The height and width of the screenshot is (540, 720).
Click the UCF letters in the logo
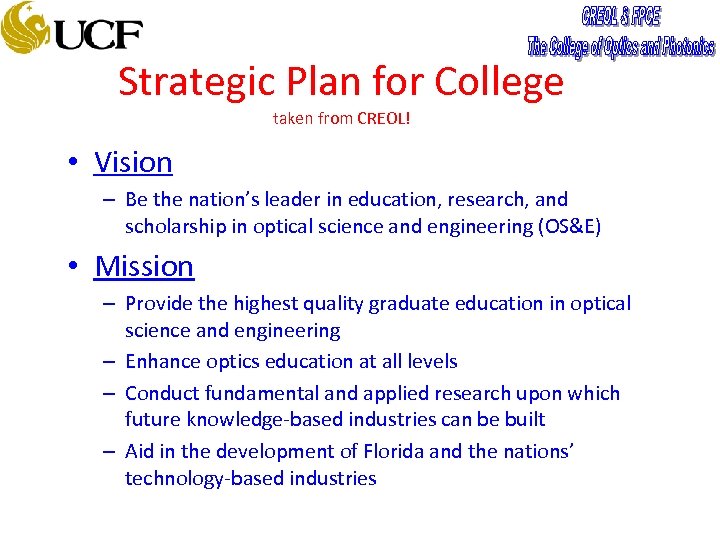[99, 35]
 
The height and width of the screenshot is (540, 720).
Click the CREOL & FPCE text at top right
[621, 17]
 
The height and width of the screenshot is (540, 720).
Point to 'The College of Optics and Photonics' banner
[621, 46]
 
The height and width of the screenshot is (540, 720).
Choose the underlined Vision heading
[133, 162]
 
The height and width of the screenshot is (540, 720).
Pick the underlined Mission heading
[144, 266]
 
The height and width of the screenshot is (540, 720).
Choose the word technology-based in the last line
[204, 478]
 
